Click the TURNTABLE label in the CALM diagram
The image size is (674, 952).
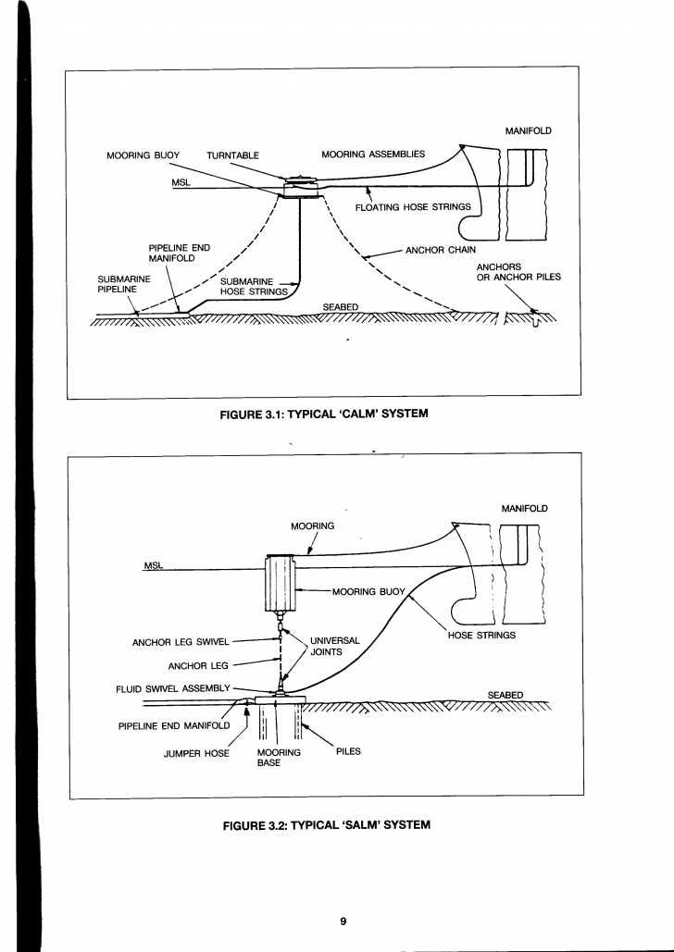(x=232, y=155)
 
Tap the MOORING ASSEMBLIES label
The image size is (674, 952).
(x=373, y=155)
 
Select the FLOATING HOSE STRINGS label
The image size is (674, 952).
(x=413, y=207)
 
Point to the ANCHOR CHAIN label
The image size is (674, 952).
(x=441, y=250)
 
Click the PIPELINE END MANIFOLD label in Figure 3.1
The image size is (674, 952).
(x=180, y=253)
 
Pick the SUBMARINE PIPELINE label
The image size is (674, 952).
(x=124, y=284)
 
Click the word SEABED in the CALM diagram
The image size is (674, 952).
(x=341, y=307)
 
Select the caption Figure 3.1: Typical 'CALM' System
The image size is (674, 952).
(x=324, y=414)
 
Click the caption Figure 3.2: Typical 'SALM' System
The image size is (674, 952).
(x=327, y=825)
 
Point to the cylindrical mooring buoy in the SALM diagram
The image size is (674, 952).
(x=281, y=584)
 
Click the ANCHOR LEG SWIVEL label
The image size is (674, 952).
(x=181, y=642)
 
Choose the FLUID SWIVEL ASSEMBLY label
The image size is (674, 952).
(x=173, y=688)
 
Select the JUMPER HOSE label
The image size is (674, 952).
(x=196, y=753)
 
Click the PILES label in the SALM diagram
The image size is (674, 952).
(x=348, y=751)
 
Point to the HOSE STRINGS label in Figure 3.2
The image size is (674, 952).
(x=481, y=635)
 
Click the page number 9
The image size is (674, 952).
(x=343, y=921)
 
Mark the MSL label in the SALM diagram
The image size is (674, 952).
(x=152, y=566)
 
